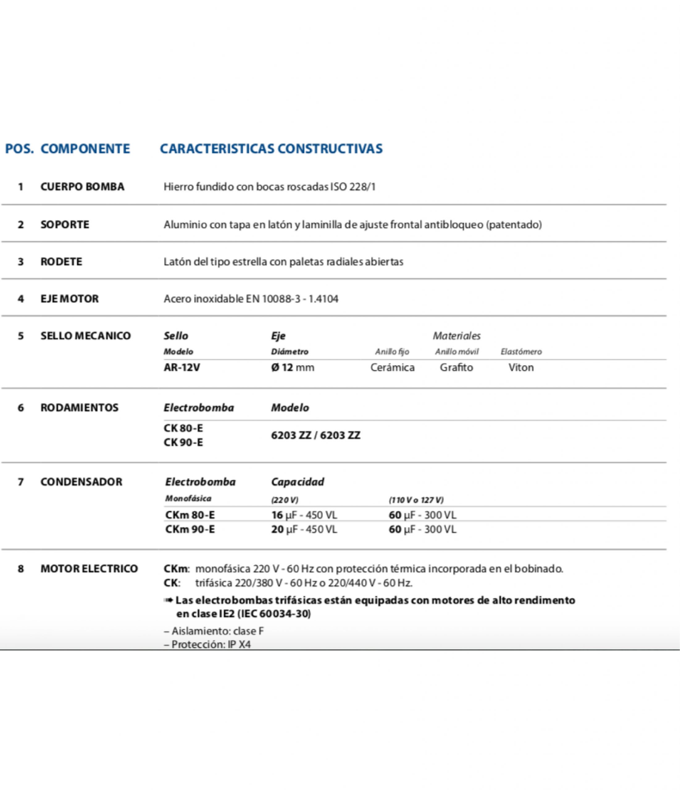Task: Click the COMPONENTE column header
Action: tap(85, 149)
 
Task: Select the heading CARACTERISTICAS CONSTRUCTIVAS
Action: tap(271, 149)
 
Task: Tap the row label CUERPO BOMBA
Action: tap(82, 187)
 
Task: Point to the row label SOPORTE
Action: tap(65, 225)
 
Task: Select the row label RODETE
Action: tap(61, 262)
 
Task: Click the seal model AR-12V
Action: tap(182, 368)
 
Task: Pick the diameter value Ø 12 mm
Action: tap(293, 368)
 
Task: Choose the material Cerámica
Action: tap(392, 368)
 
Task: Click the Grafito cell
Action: tap(456, 368)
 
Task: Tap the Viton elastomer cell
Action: tap(521, 368)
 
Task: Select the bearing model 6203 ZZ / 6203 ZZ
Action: tap(315, 435)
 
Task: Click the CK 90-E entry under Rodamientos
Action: tap(183, 442)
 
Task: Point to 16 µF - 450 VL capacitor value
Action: tap(304, 515)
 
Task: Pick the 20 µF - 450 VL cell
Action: tap(304, 530)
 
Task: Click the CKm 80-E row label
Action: tap(190, 515)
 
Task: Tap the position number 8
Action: tap(21, 569)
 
